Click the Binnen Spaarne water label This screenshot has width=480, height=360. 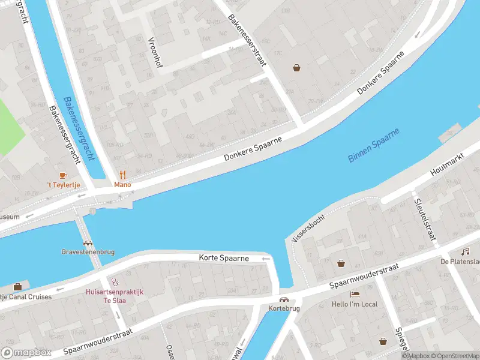374,145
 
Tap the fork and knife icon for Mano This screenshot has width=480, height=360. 123,175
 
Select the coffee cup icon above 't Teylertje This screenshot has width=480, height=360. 64,175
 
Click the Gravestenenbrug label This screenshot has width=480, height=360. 89,252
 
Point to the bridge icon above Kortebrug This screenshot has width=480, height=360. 284,299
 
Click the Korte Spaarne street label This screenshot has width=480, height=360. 224,258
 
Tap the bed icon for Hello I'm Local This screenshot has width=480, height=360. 355,294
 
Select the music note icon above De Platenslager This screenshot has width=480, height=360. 465,251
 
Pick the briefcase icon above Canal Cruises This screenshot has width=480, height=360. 17,286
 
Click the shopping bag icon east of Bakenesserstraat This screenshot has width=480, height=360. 296,68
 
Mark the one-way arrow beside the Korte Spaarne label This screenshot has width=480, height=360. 266,259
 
